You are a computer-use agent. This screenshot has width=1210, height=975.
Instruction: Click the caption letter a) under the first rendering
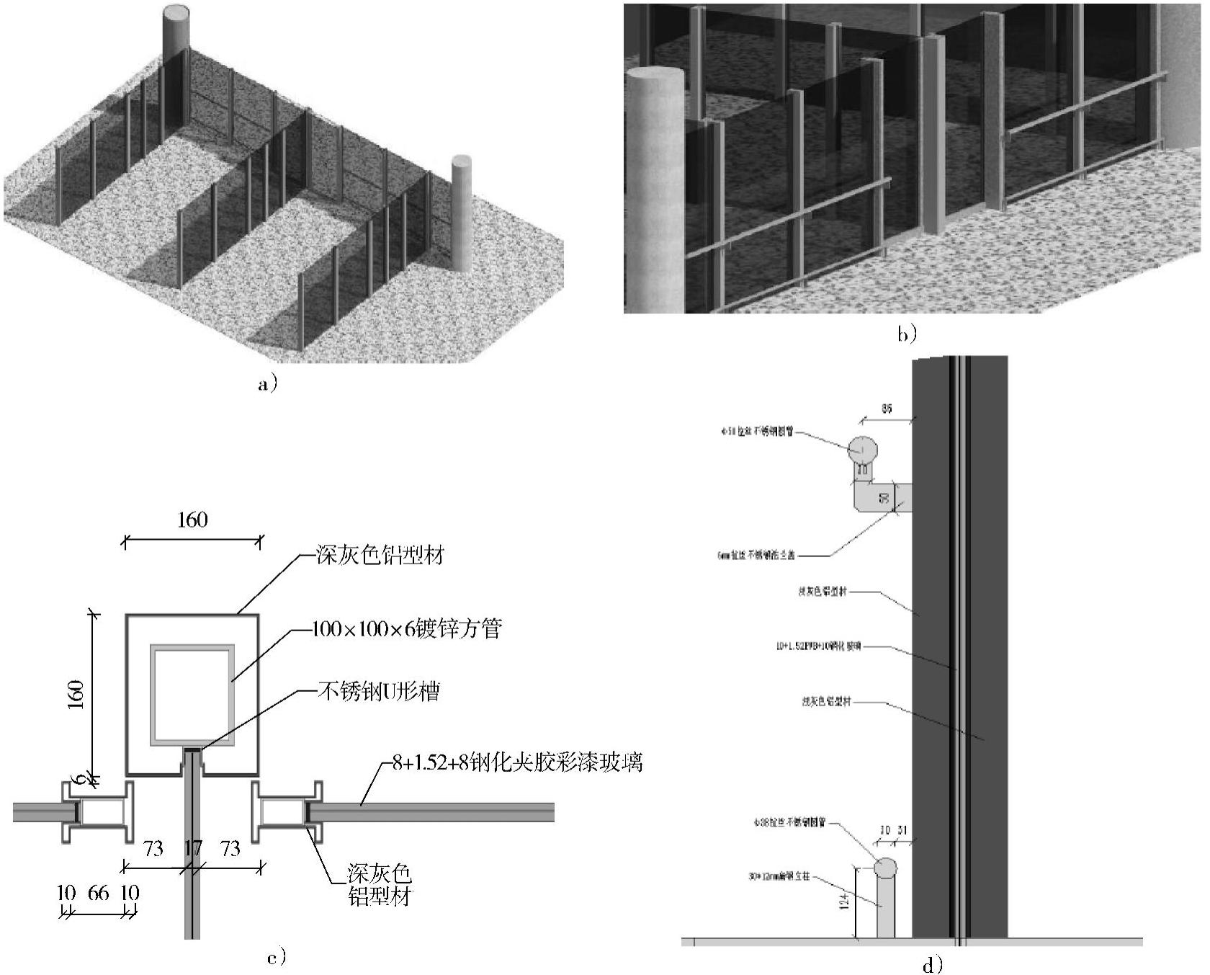coord(266,384)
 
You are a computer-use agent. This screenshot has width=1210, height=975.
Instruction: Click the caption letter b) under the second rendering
coord(907,334)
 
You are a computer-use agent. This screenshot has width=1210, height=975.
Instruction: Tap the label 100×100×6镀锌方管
coord(406,629)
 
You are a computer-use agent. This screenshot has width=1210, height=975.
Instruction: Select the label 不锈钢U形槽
coord(379,692)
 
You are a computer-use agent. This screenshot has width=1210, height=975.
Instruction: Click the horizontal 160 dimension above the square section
coord(192,520)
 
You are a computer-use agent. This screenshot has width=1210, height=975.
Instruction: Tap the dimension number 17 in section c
coord(192,849)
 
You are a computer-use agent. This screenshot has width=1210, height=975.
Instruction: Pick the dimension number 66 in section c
coord(98,894)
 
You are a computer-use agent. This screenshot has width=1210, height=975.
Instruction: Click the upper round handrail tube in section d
coord(862,450)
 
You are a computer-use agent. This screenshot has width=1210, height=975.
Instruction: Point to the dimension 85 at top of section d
coord(886,409)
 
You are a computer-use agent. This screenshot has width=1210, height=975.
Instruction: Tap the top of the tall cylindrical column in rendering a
coord(176,14)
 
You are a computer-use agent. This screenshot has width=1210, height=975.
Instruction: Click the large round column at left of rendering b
coord(654,187)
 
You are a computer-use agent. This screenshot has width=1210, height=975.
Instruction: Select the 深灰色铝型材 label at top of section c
coord(380,555)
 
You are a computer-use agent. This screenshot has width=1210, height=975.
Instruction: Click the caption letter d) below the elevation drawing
coord(932,965)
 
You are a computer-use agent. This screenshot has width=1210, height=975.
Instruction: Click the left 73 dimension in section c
coord(153,849)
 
